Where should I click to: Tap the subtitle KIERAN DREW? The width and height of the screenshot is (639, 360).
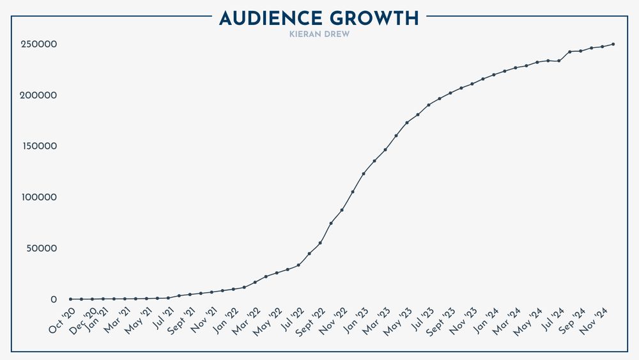pos(319,34)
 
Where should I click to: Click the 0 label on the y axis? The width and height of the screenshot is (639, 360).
pos(54,300)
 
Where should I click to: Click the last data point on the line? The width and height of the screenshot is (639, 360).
pos(613,44)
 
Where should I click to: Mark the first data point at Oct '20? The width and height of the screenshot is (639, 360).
pos(70,299)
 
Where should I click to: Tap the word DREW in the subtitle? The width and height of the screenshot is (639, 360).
pos(337,34)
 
